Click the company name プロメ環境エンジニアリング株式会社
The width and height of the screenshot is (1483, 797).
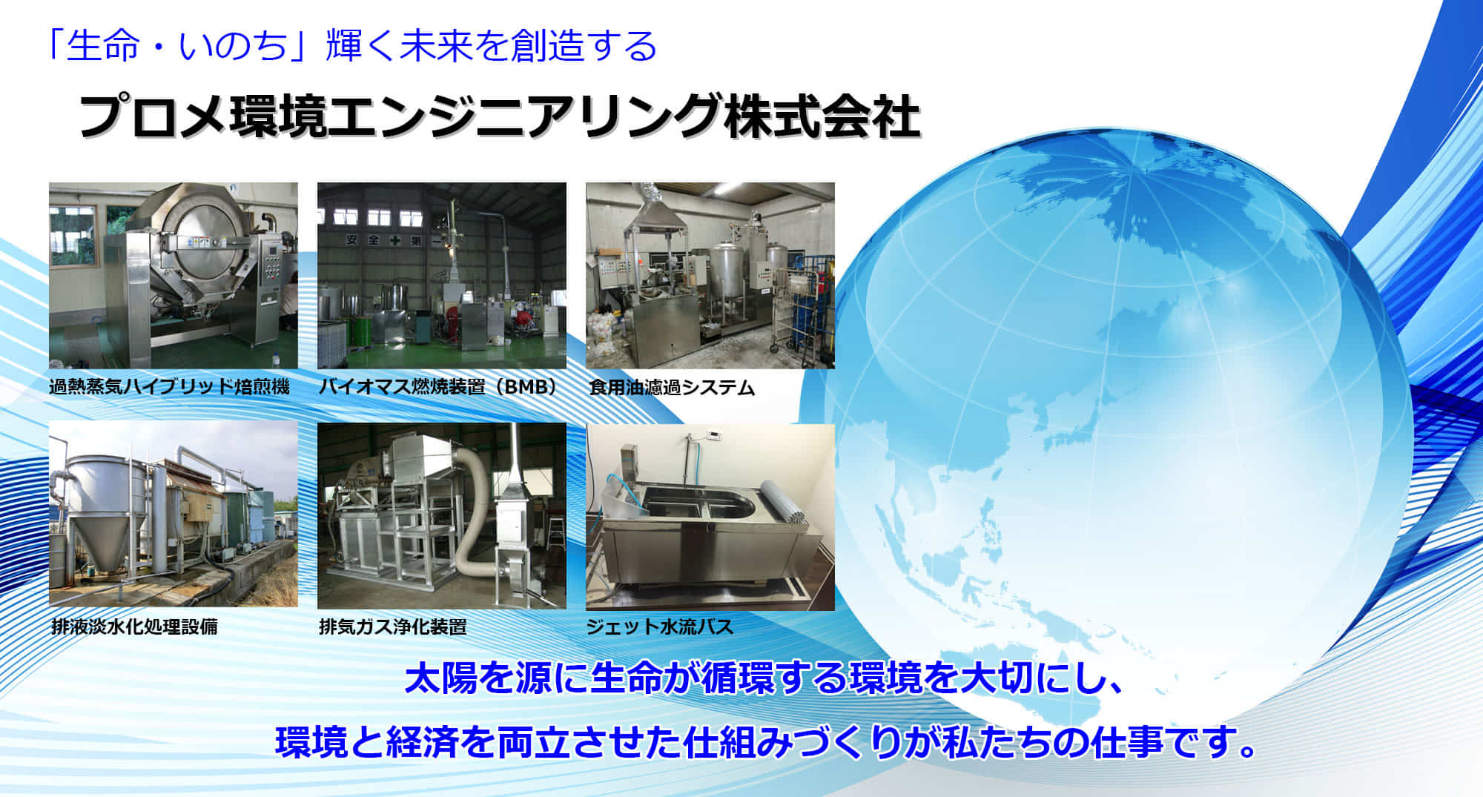pyautogui.click(x=500, y=116)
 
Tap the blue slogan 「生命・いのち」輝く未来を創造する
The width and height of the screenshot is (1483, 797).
pyautogui.click(x=351, y=46)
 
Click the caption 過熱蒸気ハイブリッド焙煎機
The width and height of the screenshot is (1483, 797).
pyautogui.click(x=170, y=386)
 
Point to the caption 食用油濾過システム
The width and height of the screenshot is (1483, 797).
pyautogui.click(x=672, y=387)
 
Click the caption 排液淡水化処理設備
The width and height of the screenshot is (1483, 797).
pyautogui.click(x=134, y=626)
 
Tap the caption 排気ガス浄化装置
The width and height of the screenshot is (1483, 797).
pyautogui.click(x=393, y=626)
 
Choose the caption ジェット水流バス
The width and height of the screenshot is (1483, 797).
pyautogui.click(x=660, y=626)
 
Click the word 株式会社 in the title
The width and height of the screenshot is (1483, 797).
pyautogui.click(x=822, y=116)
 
